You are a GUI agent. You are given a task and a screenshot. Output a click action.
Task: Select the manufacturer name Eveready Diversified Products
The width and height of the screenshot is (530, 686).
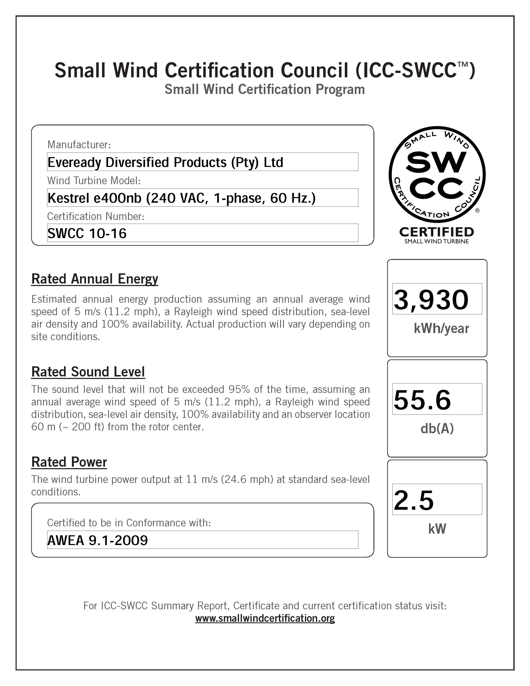(x=165, y=162)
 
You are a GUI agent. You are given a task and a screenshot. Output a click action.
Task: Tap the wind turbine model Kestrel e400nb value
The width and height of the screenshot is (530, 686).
(x=181, y=198)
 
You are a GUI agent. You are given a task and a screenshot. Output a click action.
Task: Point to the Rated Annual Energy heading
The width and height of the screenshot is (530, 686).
(x=95, y=279)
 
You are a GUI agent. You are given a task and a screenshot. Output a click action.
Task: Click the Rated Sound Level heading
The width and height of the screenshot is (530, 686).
(x=88, y=372)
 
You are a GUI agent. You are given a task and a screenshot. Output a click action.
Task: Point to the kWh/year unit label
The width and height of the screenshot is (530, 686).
(x=441, y=328)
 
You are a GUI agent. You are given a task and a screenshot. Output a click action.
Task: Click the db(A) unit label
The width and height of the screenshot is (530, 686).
(x=437, y=429)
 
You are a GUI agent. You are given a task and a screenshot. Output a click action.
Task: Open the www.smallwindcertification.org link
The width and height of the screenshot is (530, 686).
(x=265, y=618)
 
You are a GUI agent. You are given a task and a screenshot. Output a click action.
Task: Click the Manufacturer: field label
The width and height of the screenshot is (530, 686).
(x=79, y=145)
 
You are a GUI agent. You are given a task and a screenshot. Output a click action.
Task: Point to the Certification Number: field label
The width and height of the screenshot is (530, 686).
(x=95, y=216)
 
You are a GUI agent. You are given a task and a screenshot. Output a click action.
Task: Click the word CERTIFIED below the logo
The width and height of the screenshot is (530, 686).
(x=436, y=232)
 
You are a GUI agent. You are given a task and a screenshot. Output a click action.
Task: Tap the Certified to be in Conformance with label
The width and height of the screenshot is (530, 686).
(x=129, y=523)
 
